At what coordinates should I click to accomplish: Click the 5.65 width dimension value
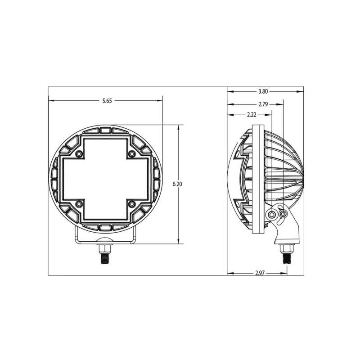pos(107,101)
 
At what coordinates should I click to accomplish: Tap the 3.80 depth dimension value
pos(263,91)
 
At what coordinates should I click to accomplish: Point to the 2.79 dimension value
pos(263,104)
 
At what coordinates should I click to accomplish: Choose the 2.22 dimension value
pos(252,115)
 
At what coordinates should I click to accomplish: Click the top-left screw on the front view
pos(79,154)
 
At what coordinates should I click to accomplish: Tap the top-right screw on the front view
pos(131,154)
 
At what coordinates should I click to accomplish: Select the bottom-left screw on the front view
pos(79,205)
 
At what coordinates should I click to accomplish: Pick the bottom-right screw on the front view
pos(131,205)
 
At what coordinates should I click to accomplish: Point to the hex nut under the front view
pos(105,248)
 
